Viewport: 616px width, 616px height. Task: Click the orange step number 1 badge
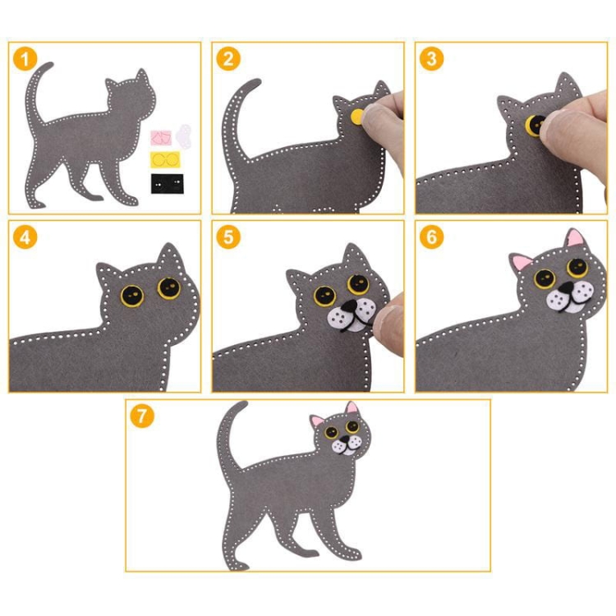tap(25, 59)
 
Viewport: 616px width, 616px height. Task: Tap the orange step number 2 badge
tap(228, 59)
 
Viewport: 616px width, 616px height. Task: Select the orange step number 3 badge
tap(431, 59)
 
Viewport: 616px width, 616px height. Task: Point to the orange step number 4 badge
tap(25, 237)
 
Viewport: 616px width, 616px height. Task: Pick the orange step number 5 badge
tap(228, 237)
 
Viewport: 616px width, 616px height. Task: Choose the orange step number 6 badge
tap(431, 237)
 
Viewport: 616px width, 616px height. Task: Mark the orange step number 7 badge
tap(142, 416)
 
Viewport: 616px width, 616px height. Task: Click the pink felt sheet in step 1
tap(161, 138)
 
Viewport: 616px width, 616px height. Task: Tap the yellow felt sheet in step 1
tap(165, 159)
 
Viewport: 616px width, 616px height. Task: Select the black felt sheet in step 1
tap(167, 183)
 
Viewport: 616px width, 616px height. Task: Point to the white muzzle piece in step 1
tap(183, 135)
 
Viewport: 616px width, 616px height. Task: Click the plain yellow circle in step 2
tap(357, 117)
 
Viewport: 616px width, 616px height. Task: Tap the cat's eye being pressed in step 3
tap(535, 126)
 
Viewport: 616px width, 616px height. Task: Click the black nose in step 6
tap(566, 289)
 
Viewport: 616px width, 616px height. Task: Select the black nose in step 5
tap(348, 306)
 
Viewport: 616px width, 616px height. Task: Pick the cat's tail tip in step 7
tap(245, 403)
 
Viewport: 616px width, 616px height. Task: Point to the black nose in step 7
tap(344, 439)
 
